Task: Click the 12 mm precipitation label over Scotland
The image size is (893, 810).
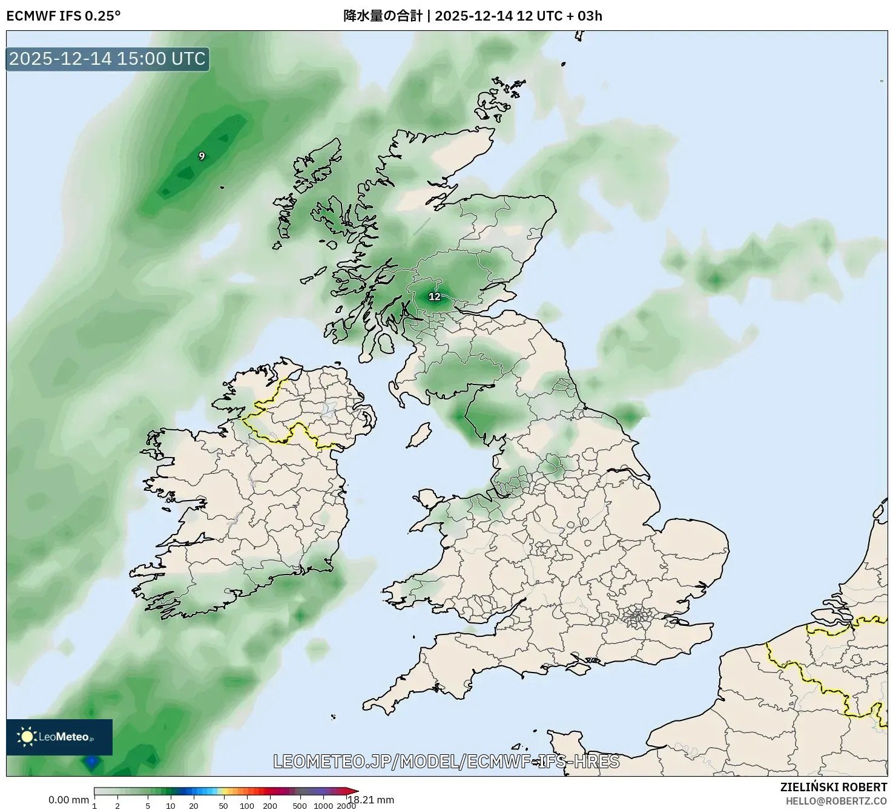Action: click(x=435, y=297)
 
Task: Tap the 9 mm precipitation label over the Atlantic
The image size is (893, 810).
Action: click(x=202, y=156)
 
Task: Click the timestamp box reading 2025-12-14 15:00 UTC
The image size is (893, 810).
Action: click(x=108, y=59)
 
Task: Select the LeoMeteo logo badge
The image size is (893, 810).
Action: click(x=59, y=737)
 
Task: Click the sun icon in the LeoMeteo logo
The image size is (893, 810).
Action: click(x=27, y=737)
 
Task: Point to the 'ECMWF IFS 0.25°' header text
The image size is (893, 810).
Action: click(x=64, y=16)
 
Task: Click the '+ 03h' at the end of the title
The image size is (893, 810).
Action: click(x=584, y=16)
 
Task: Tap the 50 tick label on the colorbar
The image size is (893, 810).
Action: click(x=223, y=806)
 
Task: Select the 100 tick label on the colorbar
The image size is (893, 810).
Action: click(x=247, y=806)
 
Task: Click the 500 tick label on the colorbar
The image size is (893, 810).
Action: click(x=299, y=806)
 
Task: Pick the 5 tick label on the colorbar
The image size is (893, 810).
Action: click(x=148, y=806)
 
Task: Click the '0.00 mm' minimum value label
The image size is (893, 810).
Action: click(x=68, y=800)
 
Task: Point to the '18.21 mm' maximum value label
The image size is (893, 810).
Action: click(x=371, y=800)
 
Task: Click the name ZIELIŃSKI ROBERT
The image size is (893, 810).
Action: click(x=834, y=787)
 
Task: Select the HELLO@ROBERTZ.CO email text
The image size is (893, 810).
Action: click(x=836, y=801)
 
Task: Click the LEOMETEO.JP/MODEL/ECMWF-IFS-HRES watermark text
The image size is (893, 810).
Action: click(x=446, y=761)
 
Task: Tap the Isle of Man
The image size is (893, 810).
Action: click(x=419, y=435)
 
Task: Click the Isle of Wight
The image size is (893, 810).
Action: click(x=579, y=668)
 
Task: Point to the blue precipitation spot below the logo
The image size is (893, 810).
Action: click(x=91, y=762)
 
